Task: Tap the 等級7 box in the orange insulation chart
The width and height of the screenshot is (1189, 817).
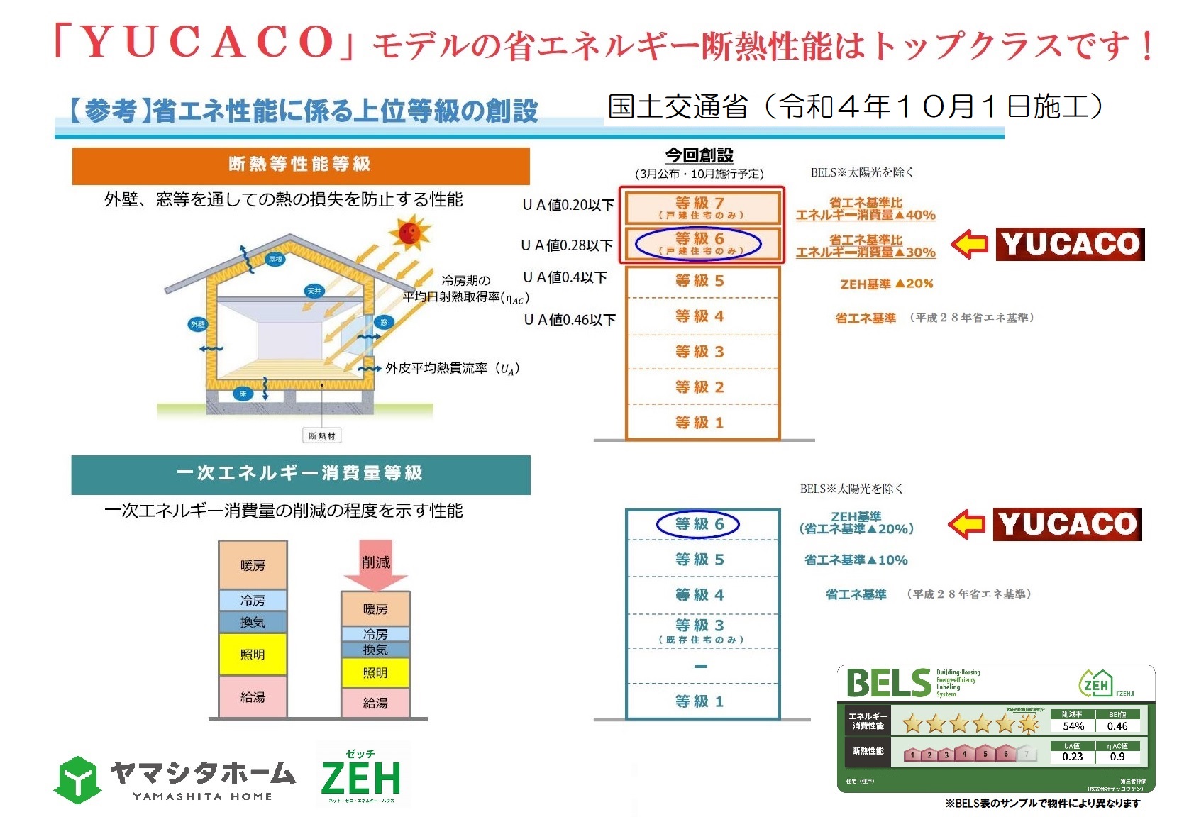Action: click(x=699, y=207)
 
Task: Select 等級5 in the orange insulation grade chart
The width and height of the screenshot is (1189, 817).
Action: click(x=699, y=281)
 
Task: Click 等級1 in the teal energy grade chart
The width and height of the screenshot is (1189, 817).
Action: click(x=699, y=701)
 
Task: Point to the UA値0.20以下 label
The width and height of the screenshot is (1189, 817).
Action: click(x=568, y=205)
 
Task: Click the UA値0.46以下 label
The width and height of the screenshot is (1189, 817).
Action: click(x=570, y=320)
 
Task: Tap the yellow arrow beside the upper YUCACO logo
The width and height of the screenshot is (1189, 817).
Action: click(x=969, y=245)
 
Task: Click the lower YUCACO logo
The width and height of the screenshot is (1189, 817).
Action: click(x=1068, y=524)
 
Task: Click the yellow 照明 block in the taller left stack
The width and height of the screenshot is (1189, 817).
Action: click(x=253, y=654)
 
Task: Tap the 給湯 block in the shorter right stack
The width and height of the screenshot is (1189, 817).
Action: click(x=375, y=703)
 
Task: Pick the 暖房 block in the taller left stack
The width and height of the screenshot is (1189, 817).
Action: click(x=253, y=565)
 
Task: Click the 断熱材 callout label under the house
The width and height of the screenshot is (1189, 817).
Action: click(x=322, y=435)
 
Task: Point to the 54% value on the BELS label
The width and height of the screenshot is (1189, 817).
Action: click(x=1073, y=726)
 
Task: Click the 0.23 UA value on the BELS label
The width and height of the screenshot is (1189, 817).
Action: click(x=1072, y=757)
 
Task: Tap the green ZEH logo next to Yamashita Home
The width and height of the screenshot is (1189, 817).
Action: click(x=361, y=777)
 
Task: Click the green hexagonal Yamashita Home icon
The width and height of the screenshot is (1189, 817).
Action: click(x=77, y=779)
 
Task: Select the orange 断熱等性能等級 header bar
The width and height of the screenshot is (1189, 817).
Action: click(x=301, y=165)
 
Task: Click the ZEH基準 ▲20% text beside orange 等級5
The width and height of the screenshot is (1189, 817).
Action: click(x=887, y=284)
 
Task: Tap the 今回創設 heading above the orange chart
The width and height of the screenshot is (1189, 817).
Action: click(x=699, y=155)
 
